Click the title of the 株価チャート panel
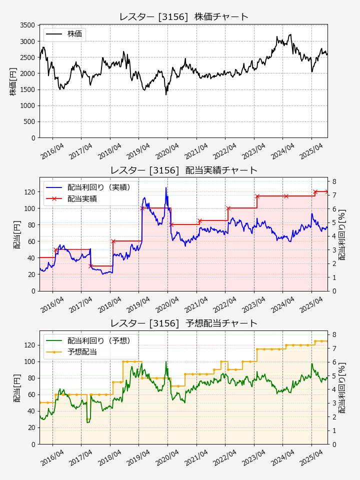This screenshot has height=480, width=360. pyautogui.click(x=183, y=17)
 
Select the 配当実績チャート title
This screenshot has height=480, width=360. pyautogui.click(x=183, y=170)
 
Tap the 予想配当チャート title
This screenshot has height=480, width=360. pyautogui.click(x=183, y=323)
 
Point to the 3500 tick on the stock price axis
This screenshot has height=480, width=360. pyautogui.click(x=27, y=25)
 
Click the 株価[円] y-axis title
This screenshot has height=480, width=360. pyautogui.click(x=13, y=81)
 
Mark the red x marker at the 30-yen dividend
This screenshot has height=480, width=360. pyautogui.click(x=90, y=266)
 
